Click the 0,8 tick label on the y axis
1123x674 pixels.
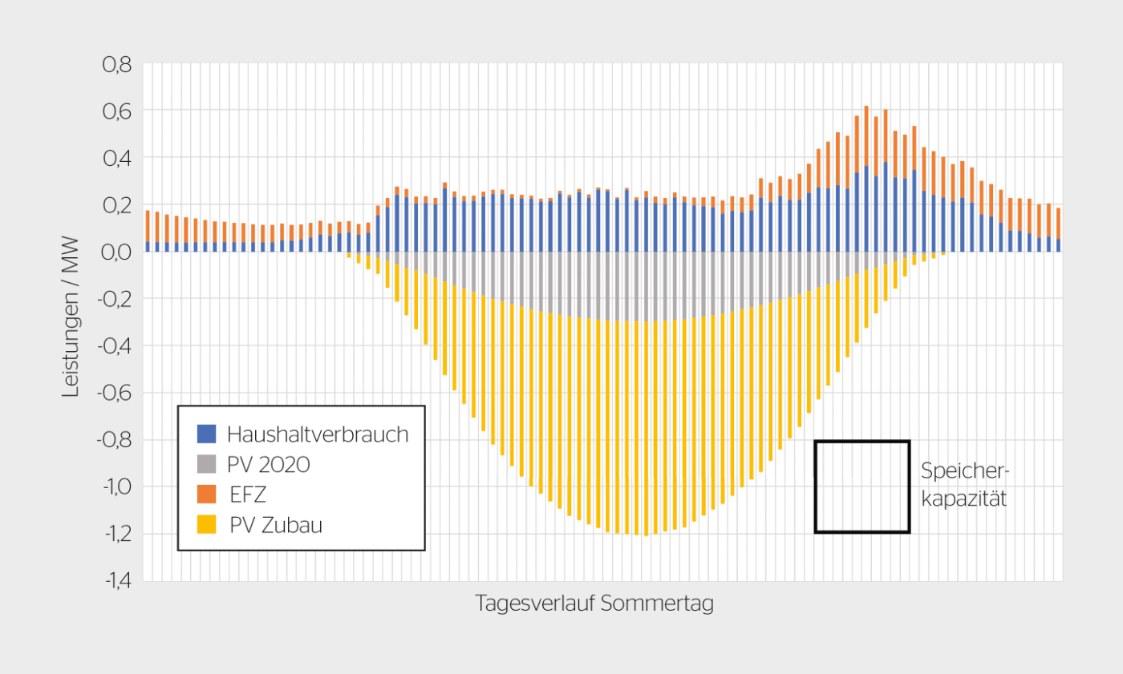pyautogui.click(x=116, y=64)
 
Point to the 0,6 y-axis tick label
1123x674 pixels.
pyautogui.click(x=116, y=111)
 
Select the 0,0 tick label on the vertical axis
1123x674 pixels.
pyautogui.click(x=116, y=252)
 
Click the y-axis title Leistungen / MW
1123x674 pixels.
pyautogui.click(x=72, y=322)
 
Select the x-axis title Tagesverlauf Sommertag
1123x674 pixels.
pyautogui.click(x=594, y=603)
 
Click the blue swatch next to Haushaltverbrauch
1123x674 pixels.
pyautogui.click(x=207, y=434)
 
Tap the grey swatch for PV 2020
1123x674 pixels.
pyautogui.click(x=207, y=465)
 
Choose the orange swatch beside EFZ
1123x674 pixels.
pyautogui.click(x=207, y=495)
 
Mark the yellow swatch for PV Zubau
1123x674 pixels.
pyautogui.click(x=207, y=525)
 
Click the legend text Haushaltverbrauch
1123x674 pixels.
pyautogui.click(x=318, y=434)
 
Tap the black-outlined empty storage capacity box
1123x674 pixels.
pyautogui.click(x=862, y=486)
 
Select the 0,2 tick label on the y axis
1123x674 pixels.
pyautogui.click(x=116, y=205)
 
